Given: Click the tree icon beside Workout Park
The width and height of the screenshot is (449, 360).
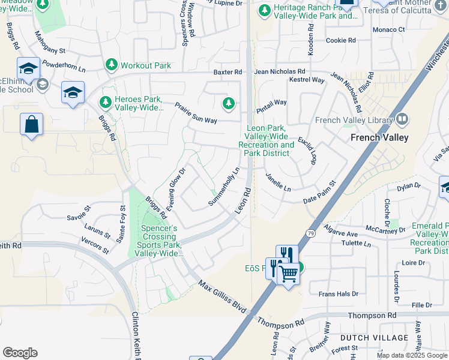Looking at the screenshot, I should click(111, 65).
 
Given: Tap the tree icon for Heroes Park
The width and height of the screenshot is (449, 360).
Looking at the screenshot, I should click(106, 103).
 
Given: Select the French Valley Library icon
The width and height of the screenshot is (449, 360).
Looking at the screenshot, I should click(402, 120).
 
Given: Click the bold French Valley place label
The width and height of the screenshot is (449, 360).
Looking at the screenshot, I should click(379, 137).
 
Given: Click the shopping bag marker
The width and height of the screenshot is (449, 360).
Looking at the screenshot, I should click(31, 125).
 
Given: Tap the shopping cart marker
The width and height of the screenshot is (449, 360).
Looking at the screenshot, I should click(289, 274).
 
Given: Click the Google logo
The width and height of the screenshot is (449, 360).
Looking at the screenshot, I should click(20, 353).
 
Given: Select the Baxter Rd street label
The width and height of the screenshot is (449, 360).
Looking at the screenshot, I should click(228, 72).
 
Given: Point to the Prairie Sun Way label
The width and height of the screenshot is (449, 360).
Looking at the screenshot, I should click(196, 113).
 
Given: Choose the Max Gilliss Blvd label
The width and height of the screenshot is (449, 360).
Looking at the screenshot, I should click(223, 297).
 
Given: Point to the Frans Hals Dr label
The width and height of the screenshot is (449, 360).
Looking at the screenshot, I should click(338, 294).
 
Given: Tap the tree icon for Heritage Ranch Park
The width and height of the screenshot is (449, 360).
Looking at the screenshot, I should click(265, 10).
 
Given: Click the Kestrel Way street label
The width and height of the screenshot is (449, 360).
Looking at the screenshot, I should click(307, 80).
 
